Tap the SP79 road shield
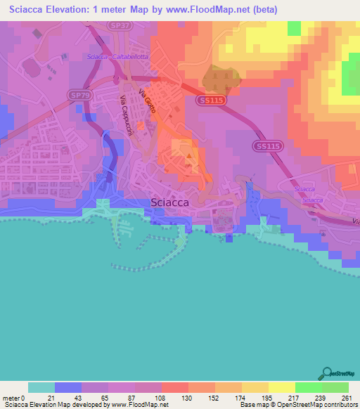tap(79, 93)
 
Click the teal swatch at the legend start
tap(41, 387)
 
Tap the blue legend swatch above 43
tap(67, 387)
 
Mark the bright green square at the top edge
tap(294, 27)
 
